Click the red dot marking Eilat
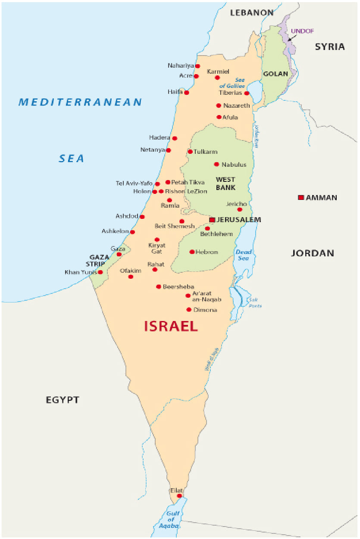[179, 496]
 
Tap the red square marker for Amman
[301, 197]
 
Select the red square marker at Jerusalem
[212, 220]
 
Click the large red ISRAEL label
[171, 326]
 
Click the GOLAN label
[275, 74]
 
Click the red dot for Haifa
[187, 92]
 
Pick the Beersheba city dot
[159, 287]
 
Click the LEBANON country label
[252, 12]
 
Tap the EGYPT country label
[63, 400]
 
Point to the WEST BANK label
[225, 183]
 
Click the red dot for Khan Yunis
[100, 272]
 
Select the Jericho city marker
[240, 209]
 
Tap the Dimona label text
[205, 310]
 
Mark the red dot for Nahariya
[197, 66]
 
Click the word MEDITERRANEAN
[80, 102]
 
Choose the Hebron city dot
[192, 252]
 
